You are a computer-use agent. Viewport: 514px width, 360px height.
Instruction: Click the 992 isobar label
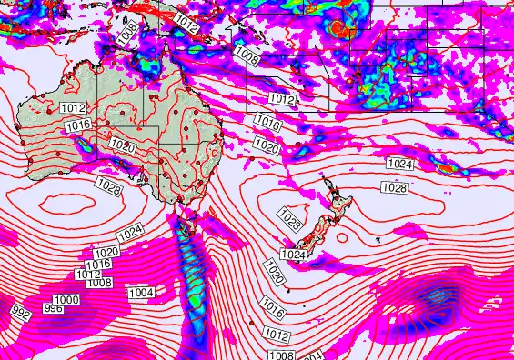[20, 312]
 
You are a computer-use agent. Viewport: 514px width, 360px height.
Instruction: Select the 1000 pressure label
[66, 301]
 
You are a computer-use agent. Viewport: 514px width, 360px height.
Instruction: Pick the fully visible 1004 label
[140, 292]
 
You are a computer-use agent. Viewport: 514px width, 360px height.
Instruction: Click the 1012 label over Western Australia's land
[74, 108]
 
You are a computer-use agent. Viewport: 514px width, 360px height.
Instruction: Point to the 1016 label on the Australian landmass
[78, 125]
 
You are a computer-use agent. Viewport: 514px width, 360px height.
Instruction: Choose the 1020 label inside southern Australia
[122, 145]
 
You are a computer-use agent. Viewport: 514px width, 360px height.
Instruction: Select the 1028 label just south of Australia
[107, 187]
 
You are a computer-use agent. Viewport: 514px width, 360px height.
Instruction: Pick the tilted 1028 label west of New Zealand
[290, 219]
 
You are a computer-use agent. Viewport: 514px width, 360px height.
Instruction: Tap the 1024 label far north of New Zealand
[398, 164]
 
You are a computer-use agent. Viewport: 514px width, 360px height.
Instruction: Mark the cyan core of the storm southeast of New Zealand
[435, 296]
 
